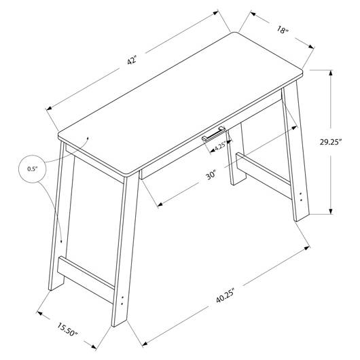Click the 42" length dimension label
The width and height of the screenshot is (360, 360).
[132, 60]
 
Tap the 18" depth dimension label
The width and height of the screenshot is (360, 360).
[282, 30]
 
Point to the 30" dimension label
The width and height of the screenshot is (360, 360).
[211, 175]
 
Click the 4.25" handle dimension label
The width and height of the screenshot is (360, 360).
[221, 146]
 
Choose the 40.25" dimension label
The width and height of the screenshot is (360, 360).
[225, 295]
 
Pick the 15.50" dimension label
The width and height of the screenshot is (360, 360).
[67, 329]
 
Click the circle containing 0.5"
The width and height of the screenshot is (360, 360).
[33, 168]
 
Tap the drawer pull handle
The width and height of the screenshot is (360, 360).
[213, 134]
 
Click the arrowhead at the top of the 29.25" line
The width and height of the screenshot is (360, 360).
[331, 73]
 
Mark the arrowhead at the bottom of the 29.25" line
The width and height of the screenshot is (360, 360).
[331, 211]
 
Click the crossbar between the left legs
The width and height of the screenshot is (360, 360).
[86, 280]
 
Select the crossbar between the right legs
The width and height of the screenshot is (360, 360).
[264, 175]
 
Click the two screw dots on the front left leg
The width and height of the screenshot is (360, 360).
[122, 300]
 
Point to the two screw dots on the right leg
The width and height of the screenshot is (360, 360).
[301, 197]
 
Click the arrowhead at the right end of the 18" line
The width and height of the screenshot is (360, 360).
[311, 47]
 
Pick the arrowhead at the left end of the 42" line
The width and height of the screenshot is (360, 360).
[49, 108]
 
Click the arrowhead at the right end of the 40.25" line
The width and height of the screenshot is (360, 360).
[307, 248]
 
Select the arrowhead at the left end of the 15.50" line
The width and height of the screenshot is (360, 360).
[39, 312]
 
